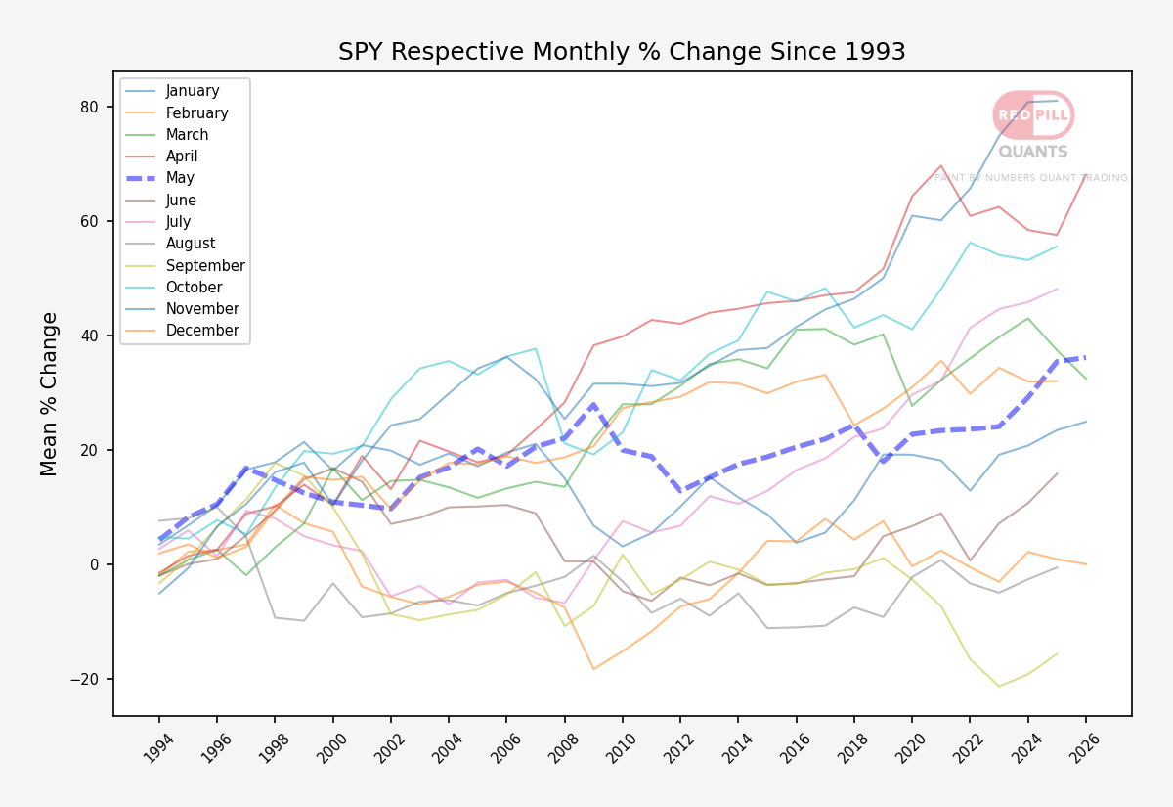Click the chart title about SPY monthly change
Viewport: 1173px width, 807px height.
[622, 51]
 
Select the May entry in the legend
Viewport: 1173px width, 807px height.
[180, 178]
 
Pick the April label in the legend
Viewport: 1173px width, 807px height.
[182, 157]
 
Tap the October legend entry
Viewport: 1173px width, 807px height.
[194, 288]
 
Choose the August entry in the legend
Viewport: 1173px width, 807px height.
[190, 244]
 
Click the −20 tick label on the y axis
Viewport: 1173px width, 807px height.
[84, 679]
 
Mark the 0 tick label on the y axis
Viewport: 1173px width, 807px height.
[94, 565]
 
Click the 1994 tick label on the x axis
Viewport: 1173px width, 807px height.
[157, 748]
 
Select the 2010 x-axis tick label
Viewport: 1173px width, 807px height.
[621, 748]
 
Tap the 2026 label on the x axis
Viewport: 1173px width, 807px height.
[1084, 748]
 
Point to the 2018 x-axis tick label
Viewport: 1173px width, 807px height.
[852, 748]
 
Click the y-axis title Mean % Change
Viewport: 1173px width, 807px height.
[49, 394]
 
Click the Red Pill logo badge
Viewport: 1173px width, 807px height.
[1033, 114]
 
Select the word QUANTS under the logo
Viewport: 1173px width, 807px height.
[1033, 152]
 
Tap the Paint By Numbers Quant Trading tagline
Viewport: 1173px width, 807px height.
[1030, 178]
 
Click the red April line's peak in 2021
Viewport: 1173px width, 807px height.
[941, 165]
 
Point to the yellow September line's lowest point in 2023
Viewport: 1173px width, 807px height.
[999, 687]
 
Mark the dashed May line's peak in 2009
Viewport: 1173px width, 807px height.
[593, 404]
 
